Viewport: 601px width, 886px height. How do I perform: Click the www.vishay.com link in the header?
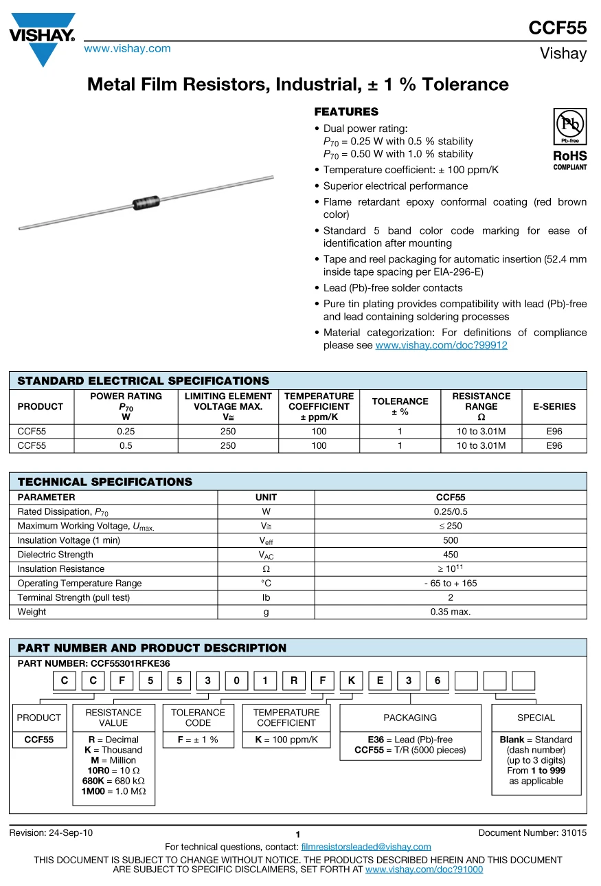click(127, 48)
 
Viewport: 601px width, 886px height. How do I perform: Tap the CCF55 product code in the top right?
click(557, 27)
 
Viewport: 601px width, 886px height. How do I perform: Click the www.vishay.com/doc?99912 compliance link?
click(441, 345)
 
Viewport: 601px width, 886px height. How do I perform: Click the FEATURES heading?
click(346, 111)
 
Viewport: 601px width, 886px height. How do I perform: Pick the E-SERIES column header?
click(554, 406)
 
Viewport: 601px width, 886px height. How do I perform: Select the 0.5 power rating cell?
click(126, 445)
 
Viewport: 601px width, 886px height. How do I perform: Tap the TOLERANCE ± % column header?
click(400, 406)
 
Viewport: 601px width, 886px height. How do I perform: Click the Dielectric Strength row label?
click(55, 555)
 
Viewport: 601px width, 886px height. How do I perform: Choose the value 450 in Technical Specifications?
click(451, 555)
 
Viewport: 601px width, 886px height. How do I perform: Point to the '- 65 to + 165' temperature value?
click(451, 584)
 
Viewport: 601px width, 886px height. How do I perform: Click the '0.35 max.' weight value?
click(451, 612)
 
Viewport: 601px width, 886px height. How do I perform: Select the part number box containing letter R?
click(294, 681)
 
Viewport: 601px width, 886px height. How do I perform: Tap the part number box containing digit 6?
click(438, 681)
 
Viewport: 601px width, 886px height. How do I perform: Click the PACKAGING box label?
click(410, 718)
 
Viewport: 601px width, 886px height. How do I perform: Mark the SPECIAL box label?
click(536, 718)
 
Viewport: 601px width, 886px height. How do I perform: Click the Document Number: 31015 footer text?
click(532, 833)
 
